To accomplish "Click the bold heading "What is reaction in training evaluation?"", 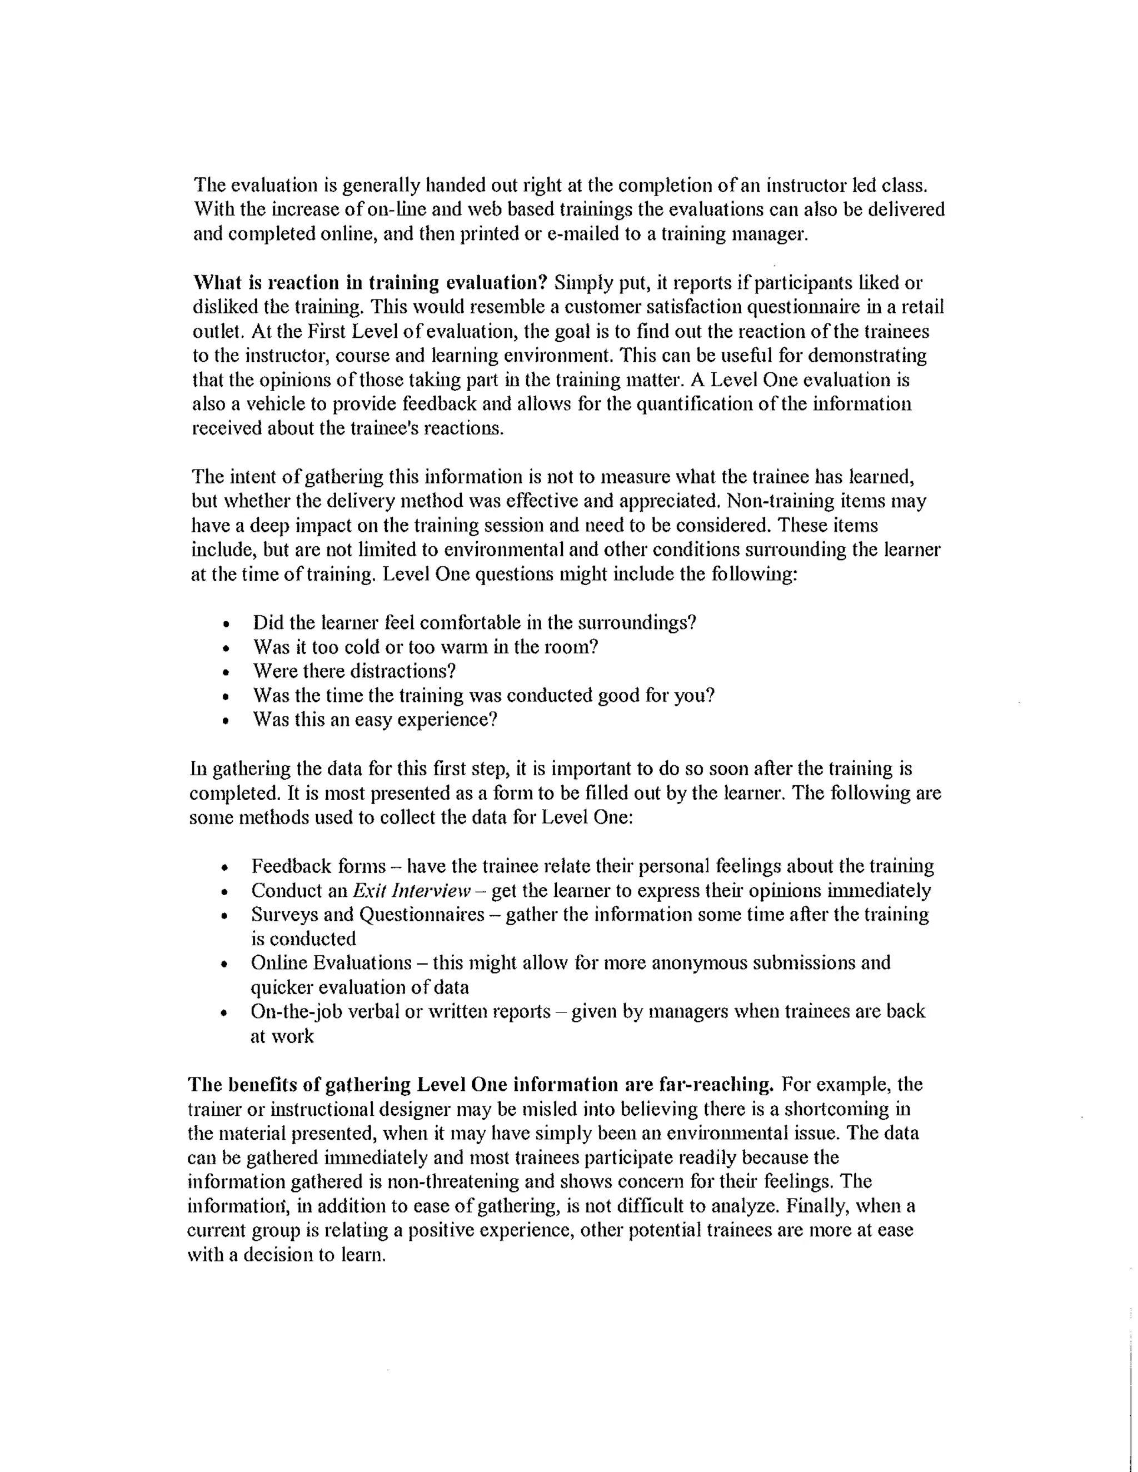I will click(x=370, y=282).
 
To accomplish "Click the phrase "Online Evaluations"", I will click(x=331, y=963).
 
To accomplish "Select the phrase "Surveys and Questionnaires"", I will click(x=367, y=915).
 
